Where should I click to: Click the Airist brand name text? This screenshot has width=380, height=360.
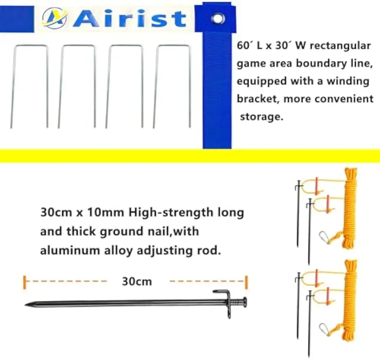tap(129, 19)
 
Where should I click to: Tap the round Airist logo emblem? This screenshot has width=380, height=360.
tap(54, 18)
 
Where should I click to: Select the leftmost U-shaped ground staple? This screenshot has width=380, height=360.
tap(29, 86)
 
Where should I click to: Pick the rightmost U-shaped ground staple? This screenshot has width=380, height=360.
tap(172, 86)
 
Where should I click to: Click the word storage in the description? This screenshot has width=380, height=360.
tap(261, 117)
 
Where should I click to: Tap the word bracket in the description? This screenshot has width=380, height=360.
tap(257, 99)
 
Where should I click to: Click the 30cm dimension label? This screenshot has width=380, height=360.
tap(137, 281)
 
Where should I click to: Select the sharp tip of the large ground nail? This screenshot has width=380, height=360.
tap(25, 305)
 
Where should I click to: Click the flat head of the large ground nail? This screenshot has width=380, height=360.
tap(245, 303)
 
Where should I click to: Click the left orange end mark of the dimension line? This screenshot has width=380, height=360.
tap(24, 282)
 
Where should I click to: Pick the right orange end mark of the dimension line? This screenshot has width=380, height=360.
tap(247, 282)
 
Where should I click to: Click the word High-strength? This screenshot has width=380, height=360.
tap(171, 213)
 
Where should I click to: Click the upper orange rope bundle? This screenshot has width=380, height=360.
tap(349, 207)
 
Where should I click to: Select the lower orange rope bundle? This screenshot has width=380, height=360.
tap(349, 300)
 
